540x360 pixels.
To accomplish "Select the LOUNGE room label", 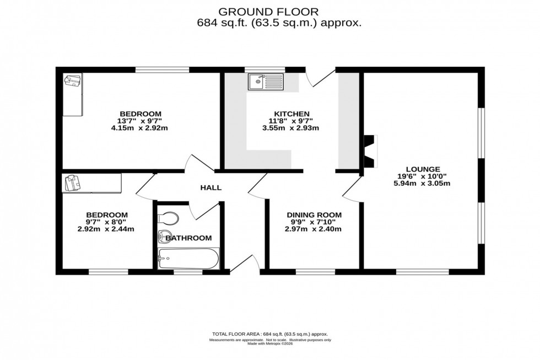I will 423,169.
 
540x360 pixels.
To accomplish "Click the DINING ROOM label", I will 314,215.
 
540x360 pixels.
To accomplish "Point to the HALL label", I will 210,187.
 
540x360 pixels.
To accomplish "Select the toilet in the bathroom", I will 169,218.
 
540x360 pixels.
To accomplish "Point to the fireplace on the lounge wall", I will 369,151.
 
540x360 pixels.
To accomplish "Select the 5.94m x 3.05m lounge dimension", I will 423,184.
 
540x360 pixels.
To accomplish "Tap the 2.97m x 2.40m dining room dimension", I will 314,229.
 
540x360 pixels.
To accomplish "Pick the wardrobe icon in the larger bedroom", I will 72,82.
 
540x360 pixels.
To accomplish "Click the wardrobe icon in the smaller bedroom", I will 73,182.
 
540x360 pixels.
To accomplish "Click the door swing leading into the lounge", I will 350,190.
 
